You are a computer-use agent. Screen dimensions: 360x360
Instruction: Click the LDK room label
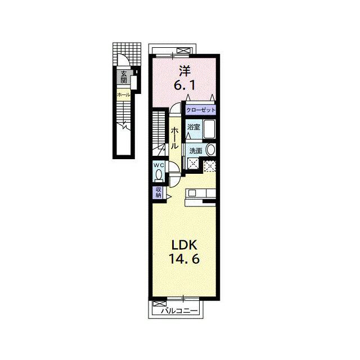coord(184,245)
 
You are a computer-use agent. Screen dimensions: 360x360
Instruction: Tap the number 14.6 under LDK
coord(184,259)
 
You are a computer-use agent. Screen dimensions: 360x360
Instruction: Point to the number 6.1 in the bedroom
coord(184,85)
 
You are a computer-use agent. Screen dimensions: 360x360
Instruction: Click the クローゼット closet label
coord(201,110)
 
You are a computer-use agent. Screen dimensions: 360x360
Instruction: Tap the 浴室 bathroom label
coord(193,127)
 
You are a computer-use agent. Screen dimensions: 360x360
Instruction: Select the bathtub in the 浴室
coord(209,129)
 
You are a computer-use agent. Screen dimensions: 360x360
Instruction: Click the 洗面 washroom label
coord(196,151)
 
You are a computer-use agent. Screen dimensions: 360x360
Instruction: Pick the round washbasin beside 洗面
coord(210,150)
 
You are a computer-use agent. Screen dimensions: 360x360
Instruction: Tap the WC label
coord(159,165)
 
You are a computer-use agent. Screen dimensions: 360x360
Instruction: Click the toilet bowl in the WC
coord(159,175)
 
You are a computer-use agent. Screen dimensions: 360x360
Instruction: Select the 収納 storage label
coord(159,192)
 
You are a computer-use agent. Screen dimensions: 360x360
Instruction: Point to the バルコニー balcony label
coord(179,311)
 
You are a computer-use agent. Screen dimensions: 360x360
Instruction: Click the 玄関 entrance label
coord(124,77)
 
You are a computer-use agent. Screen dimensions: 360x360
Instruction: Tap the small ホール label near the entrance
coord(124,94)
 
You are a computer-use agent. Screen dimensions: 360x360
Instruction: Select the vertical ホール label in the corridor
coord(174,138)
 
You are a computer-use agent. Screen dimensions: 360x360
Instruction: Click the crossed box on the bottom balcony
coord(159,304)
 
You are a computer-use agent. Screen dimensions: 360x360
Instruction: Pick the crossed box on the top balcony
coord(184,51)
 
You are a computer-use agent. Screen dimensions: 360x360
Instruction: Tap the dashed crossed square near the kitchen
coord(210,166)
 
